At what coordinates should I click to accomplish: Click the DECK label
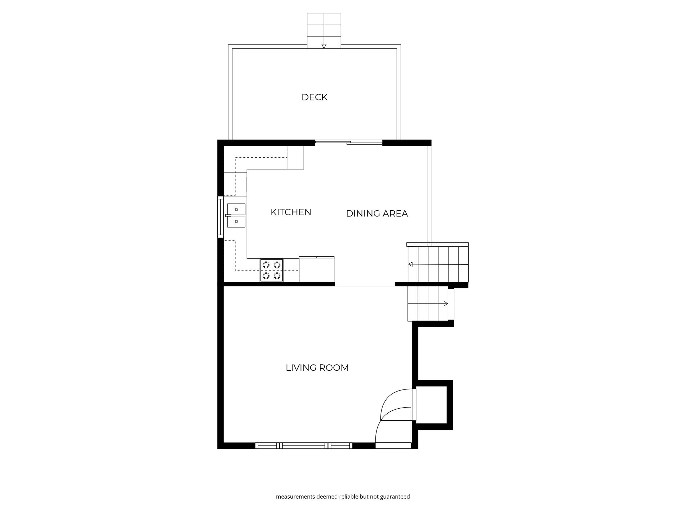coord(314,97)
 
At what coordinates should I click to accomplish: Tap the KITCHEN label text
coord(291,212)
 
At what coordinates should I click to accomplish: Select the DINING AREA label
coord(377,213)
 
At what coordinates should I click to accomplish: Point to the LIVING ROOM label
coord(317,368)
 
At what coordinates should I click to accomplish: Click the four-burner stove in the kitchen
coord(272,270)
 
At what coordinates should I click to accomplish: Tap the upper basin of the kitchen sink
coord(236,209)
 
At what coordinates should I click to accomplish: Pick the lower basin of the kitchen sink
coord(236,222)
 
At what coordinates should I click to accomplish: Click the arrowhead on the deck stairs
coord(324,46)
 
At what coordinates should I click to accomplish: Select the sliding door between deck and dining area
coord(349,143)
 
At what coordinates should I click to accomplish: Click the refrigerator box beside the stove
coord(317,269)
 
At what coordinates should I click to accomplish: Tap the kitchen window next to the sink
coord(220,218)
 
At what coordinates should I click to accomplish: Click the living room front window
coord(304,446)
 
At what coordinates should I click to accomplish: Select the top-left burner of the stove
coord(266,265)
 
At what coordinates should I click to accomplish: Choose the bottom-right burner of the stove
coord(277,276)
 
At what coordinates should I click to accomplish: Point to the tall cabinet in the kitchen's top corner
coord(295,157)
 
